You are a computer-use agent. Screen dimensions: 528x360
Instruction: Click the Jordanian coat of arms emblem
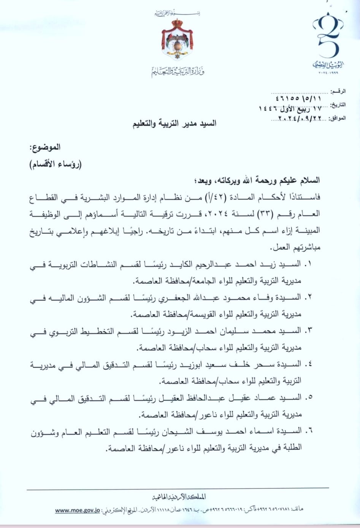click(177, 40)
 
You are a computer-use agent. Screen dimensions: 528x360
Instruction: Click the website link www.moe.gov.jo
click(77, 510)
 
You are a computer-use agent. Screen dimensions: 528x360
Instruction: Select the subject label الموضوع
click(45, 147)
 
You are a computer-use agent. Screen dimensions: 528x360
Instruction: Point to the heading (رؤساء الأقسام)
click(56, 164)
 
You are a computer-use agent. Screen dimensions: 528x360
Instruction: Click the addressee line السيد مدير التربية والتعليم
click(174, 124)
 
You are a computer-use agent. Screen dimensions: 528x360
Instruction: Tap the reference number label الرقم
click(338, 92)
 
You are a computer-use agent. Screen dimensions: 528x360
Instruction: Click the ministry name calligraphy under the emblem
click(178, 71)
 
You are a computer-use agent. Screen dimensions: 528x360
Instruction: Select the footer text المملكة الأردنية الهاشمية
click(179, 497)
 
